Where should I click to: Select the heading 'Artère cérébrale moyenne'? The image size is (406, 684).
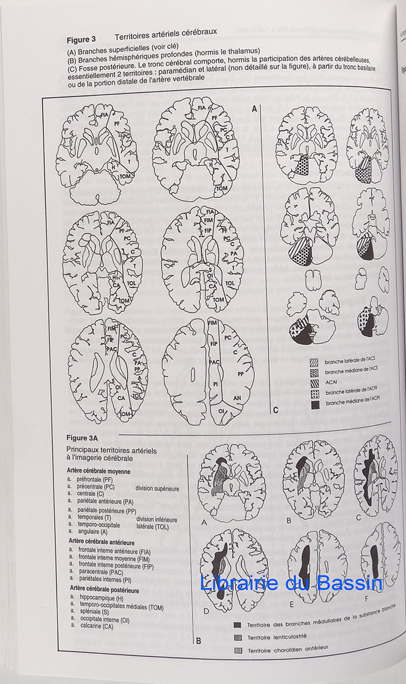pyautogui.click(x=99, y=471)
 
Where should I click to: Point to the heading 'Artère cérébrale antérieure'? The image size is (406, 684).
pyautogui.click(x=102, y=540)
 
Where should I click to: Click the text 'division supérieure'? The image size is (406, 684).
pyautogui.click(x=157, y=488)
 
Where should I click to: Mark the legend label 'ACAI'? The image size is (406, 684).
pyautogui.click(x=333, y=382)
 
